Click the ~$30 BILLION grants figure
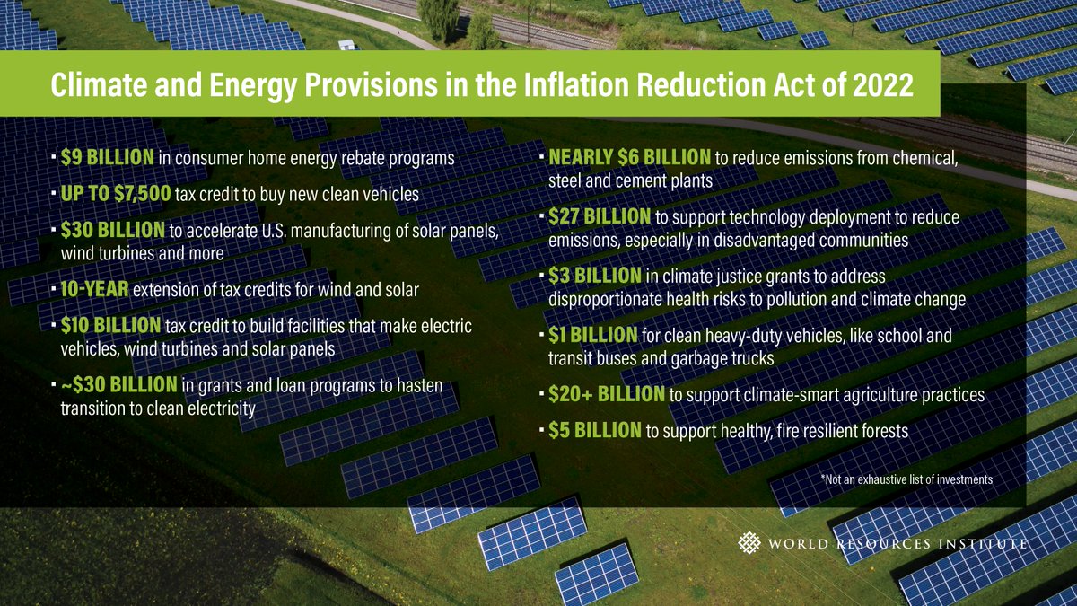pyautogui.click(x=118, y=387)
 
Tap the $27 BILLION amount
pyautogui.click(x=600, y=217)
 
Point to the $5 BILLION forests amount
pyautogui.click(x=595, y=431)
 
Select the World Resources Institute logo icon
pyautogui.click(x=749, y=543)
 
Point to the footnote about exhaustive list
pyautogui.click(x=906, y=479)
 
